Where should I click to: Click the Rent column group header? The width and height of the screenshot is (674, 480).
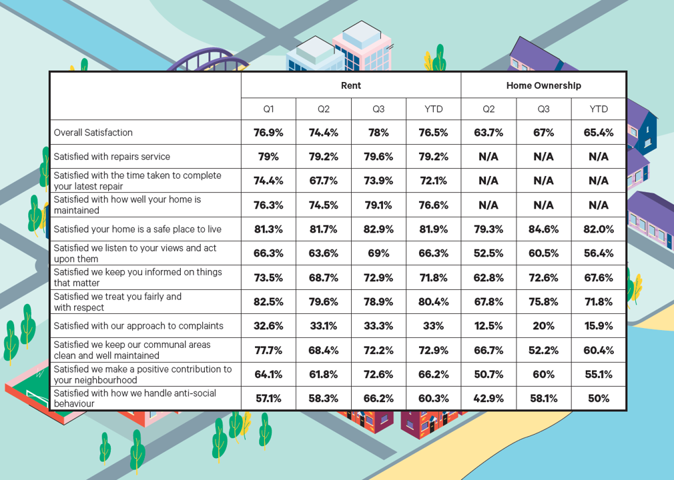click(350, 85)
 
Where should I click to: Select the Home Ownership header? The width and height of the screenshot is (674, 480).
click(543, 85)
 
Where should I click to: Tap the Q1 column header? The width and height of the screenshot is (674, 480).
click(268, 109)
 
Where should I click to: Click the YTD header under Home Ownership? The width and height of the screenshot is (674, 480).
click(598, 109)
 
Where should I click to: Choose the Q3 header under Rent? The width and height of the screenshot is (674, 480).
click(378, 109)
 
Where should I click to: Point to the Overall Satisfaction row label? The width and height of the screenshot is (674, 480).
click(93, 133)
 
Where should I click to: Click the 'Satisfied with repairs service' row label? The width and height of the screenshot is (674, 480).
click(112, 157)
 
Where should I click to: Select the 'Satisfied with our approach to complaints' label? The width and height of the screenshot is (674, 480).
click(138, 326)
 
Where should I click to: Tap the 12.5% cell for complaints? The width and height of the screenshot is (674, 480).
click(488, 326)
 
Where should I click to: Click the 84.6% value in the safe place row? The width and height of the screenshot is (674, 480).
click(543, 229)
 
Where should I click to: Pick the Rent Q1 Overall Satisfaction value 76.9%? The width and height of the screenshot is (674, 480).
click(268, 133)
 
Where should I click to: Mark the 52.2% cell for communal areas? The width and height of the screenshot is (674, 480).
click(543, 350)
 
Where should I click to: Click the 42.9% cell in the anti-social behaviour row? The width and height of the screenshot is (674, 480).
click(488, 399)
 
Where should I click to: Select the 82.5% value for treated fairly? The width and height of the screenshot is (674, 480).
click(268, 302)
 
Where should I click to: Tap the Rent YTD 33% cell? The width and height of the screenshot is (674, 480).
click(433, 326)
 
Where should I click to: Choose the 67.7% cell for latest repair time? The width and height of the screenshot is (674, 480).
click(323, 181)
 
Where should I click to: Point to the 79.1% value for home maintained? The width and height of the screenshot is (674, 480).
click(378, 205)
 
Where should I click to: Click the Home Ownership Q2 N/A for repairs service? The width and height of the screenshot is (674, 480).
click(488, 157)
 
